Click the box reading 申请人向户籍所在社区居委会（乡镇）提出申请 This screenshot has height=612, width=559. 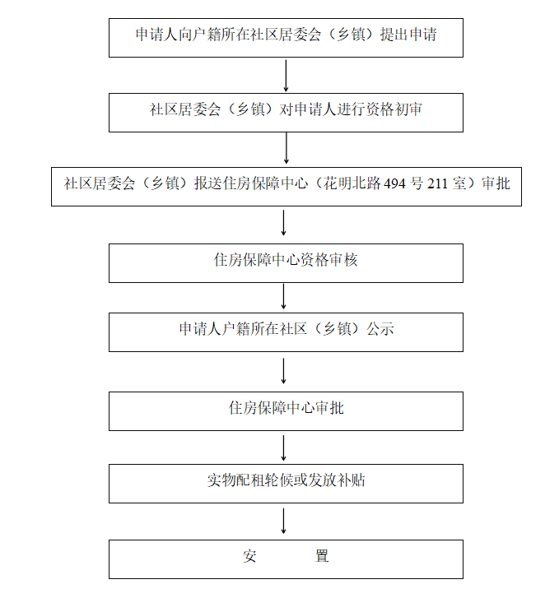[x=286, y=38]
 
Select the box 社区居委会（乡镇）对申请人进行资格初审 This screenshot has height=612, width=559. [x=286, y=113]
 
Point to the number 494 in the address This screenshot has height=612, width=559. [x=395, y=184]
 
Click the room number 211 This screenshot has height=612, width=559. [x=438, y=184]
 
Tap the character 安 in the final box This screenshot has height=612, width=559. [x=250, y=556]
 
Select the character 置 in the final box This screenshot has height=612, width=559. [x=322, y=556]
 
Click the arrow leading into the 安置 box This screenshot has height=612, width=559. [x=284, y=521]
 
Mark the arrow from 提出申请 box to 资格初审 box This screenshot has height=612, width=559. [x=286, y=76]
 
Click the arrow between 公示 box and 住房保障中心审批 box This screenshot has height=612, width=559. [x=284, y=371]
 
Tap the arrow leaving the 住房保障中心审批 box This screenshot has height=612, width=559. [x=284, y=447]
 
